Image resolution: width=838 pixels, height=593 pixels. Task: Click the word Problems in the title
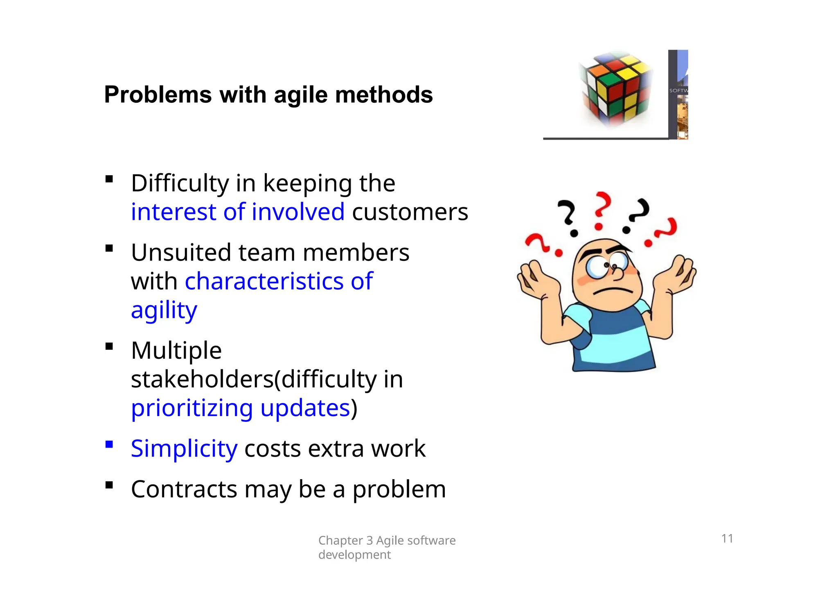[x=158, y=95]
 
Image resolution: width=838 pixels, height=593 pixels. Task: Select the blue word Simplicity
[x=184, y=449]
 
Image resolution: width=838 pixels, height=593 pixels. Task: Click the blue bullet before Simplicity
[x=109, y=445]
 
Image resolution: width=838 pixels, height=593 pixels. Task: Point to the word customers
[x=410, y=212]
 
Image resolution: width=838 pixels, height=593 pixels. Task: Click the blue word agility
[x=164, y=310]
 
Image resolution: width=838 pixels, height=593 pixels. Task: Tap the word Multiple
[x=176, y=351]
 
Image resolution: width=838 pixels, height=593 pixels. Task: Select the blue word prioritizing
[x=192, y=408]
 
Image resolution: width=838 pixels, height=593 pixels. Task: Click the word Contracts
[x=184, y=489]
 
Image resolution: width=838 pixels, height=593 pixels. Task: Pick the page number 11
[x=727, y=539]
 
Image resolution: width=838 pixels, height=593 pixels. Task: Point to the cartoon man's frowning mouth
[x=613, y=291]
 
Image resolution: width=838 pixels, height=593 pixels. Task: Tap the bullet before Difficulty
[x=109, y=179]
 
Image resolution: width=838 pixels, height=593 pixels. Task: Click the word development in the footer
[x=354, y=555]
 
